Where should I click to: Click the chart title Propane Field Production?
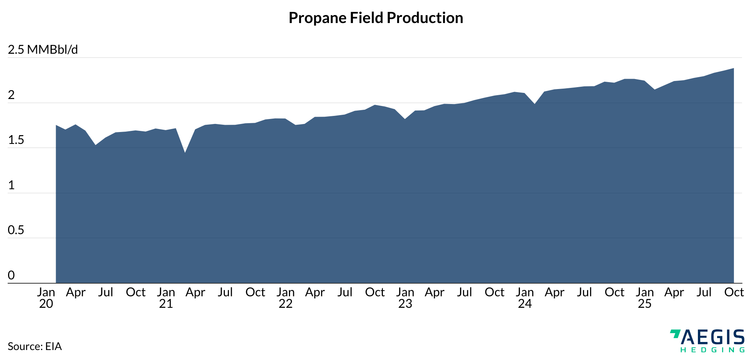click(x=376, y=18)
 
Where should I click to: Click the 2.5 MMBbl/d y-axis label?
click(x=43, y=50)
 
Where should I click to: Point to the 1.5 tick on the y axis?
click(x=16, y=140)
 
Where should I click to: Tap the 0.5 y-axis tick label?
click(x=16, y=230)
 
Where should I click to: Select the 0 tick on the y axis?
click(x=11, y=275)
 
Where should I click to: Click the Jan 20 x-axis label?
click(x=46, y=298)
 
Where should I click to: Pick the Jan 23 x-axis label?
click(x=405, y=298)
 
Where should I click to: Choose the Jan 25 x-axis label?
click(x=645, y=298)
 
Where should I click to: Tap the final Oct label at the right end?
click(x=734, y=292)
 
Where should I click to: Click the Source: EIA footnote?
click(x=35, y=347)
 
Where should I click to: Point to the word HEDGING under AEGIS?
click(x=712, y=350)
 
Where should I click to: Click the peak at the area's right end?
click(x=733, y=69)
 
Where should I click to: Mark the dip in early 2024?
click(x=534, y=104)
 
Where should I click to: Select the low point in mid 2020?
click(x=96, y=145)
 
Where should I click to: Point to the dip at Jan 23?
click(x=405, y=119)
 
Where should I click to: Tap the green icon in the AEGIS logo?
click(x=675, y=334)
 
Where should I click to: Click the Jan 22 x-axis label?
click(x=285, y=298)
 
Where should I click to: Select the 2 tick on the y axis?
click(x=11, y=95)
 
